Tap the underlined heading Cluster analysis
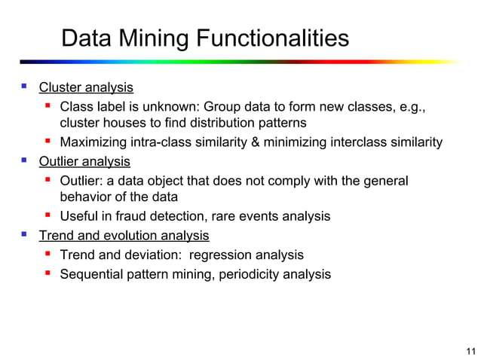click(x=86, y=87)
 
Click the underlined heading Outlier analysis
click(x=84, y=161)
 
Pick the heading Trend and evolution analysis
click(x=124, y=236)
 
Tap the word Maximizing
click(x=94, y=143)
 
